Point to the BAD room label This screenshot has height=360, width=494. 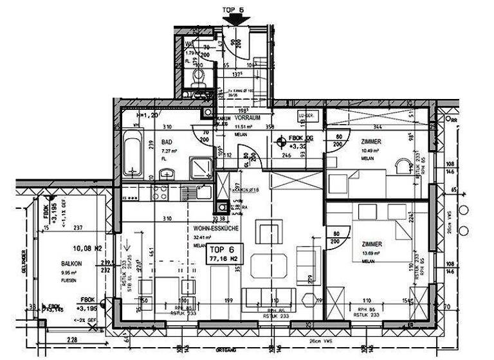pyautogui.click(x=167, y=142)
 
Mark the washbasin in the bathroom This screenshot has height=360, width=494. pyautogui.click(x=167, y=172)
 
